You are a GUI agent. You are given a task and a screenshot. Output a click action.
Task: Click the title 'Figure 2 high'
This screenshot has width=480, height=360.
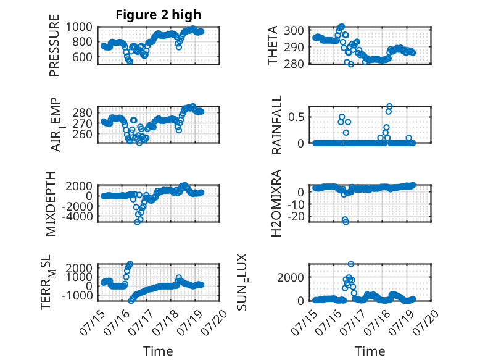click(159, 14)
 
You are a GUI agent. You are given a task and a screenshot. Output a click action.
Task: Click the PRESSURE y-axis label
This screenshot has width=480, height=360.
click(54, 45)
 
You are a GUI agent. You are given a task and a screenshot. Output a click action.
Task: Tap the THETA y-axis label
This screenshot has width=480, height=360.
click(272, 45)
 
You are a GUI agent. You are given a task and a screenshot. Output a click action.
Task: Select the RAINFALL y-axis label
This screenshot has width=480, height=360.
click(276, 125)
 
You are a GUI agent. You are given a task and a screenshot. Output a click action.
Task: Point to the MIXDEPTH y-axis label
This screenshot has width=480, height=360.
click(51, 203)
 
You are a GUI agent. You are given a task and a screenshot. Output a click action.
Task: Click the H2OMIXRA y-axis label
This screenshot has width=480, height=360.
click(276, 203)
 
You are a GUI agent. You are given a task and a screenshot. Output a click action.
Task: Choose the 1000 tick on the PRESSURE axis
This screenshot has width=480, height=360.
click(79, 27)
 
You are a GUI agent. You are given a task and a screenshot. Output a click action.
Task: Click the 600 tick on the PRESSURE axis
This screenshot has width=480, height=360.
click(82, 57)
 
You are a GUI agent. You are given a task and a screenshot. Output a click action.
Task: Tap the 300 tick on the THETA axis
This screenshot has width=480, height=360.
click(294, 31)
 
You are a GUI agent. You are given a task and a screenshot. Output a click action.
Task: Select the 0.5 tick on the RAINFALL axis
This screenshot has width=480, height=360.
click(296, 117)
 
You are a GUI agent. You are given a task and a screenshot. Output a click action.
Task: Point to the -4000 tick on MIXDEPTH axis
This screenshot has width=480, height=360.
click(77, 216)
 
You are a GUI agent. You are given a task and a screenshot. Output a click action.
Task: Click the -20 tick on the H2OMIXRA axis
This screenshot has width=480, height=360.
click(296, 217)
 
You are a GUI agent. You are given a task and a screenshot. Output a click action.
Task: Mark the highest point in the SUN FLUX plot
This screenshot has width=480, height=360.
click(351, 264)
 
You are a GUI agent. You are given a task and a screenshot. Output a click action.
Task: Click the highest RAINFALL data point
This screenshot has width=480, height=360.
click(389, 106)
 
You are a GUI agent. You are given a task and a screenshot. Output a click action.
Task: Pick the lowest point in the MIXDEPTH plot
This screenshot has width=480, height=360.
click(137, 222)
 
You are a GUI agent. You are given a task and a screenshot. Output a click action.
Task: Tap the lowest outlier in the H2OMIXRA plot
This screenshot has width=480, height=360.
click(346, 222)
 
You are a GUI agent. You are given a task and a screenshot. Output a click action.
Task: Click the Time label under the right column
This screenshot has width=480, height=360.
click(370, 351)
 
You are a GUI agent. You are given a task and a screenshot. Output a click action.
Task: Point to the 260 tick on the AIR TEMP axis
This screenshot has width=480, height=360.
click(82, 134)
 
